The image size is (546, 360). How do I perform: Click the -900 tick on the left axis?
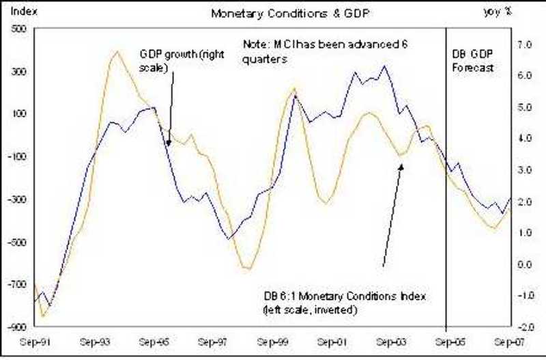click(x=14, y=327)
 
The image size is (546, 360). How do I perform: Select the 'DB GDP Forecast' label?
click(x=474, y=61)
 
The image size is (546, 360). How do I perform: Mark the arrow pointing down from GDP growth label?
click(x=169, y=109)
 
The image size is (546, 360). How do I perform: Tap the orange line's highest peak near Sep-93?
click(x=116, y=51)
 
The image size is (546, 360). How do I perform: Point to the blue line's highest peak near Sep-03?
click(x=384, y=66)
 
